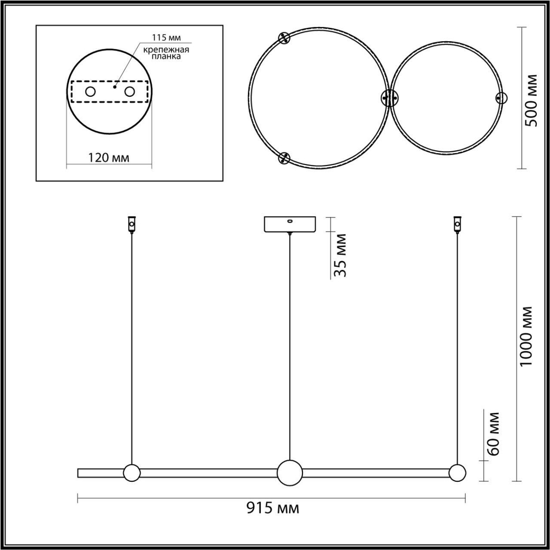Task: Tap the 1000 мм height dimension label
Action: pyautogui.click(x=527, y=335)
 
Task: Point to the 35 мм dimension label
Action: pyautogui.click(x=340, y=255)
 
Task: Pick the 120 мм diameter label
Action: pyautogui.click(x=109, y=158)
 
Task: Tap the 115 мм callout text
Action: pyautogui.click(x=166, y=38)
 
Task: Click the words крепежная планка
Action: pyautogui.click(x=167, y=53)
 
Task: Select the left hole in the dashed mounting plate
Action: pyautogui.click(x=89, y=92)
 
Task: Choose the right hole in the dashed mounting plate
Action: pyautogui.click(x=130, y=92)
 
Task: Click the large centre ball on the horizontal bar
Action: pyautogui.click(x=290, y=472)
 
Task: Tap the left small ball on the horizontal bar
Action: pyautogui.click(x=131, y=472)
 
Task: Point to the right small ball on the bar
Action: pyautogui.click(x=457, y=472)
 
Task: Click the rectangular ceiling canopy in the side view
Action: pyautogui.click(x=289, y=224)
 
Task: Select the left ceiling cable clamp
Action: pyautogui.click(x=131, y=224)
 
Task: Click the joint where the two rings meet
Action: pyautogui.click(x=390, y=98)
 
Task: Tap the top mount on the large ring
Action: pyautogui.click(x=284, y=37)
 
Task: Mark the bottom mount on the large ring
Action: pyautogui.click(x=284, y=159)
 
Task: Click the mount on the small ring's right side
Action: pyautogui.click(x=501, y=98)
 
